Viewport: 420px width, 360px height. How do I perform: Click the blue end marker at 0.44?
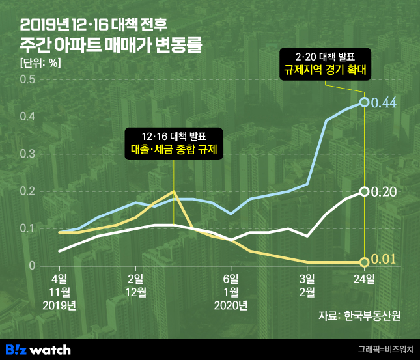365,102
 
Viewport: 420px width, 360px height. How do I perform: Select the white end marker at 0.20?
365,191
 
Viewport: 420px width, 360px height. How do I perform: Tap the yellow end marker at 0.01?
365,262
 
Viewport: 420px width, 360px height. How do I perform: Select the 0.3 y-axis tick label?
27,154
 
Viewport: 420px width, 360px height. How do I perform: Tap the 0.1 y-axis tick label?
27,228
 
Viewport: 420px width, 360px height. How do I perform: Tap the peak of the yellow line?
173,191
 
